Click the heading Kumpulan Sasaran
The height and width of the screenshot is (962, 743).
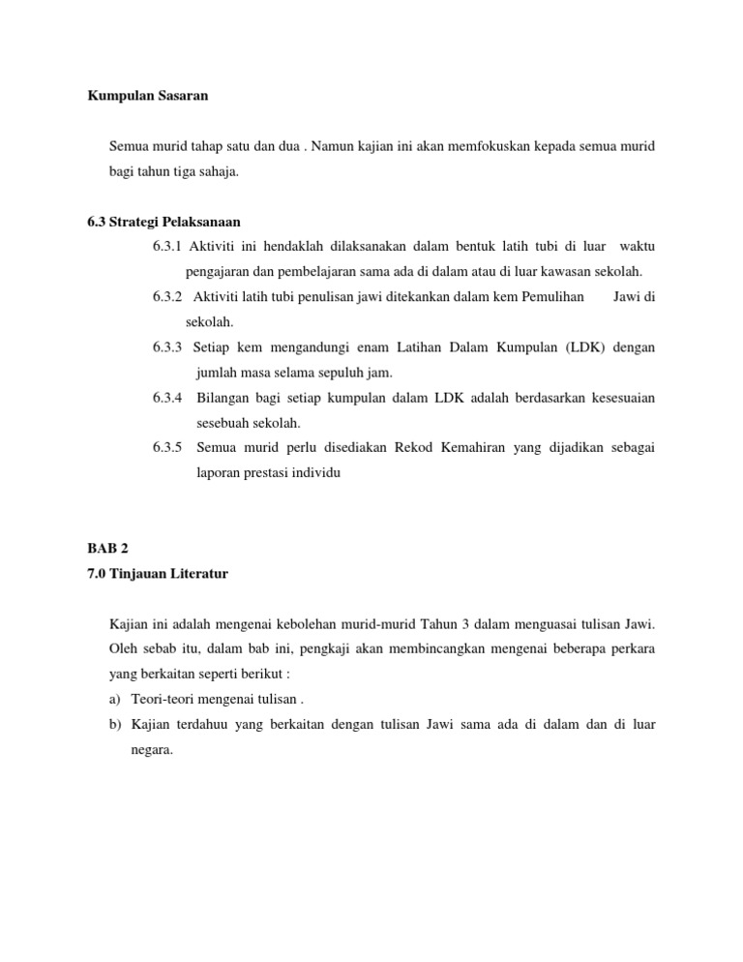pos(148,96)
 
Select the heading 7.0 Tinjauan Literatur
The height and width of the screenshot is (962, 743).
pos(157,573)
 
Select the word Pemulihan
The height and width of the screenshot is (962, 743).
pos(552,296)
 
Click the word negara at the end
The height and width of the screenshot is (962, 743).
pos(151,749)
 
